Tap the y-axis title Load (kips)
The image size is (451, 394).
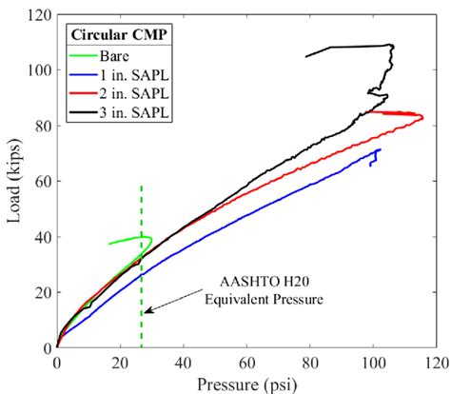[12, 181]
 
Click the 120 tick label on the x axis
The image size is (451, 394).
[436, 363]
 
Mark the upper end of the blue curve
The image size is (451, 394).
[380, 149]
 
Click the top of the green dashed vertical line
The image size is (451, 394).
[142, 186]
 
